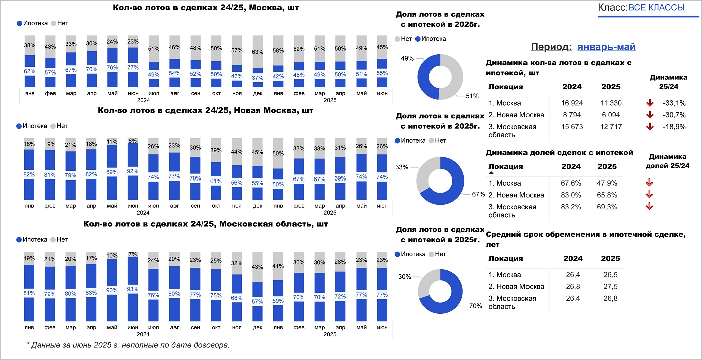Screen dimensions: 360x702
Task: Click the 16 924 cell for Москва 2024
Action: (x=572, y=103)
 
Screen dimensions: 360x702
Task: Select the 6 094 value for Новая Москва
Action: (x=610, y=115)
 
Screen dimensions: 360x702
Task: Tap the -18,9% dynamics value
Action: (x=674, y=127)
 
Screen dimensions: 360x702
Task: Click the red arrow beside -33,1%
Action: (x=650, y=103)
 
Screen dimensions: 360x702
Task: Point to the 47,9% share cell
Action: (x=608, y=183)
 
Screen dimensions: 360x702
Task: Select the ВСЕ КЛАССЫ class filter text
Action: (x=656, y=8)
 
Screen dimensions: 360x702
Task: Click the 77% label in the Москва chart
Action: (x=133, y=67)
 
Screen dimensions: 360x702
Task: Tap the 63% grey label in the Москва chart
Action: (x=257, y=52)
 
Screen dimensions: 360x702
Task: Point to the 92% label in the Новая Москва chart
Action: (x=133, y=170)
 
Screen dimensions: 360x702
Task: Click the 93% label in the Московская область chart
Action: (x=133, y=289)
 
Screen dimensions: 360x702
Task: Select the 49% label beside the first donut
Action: (x=407, y=58)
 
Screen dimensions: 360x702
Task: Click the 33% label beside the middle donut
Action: (x=401, y=167)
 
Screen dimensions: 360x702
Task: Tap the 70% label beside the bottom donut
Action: (x=475, y=306)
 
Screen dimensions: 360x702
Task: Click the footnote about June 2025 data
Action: (x=128, y=345)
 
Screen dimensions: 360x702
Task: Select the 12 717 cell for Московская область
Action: (x=610, y=127)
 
